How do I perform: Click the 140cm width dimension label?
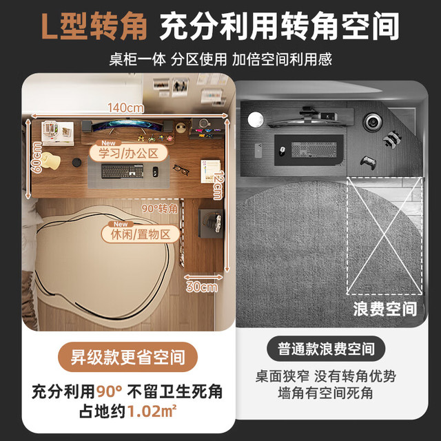point(125,107)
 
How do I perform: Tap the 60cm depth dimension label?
point(37,157)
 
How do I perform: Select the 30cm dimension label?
point(202,287)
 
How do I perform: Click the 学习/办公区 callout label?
point(129,153)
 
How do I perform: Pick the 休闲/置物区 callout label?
point(141,234)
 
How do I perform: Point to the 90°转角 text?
point(160,208)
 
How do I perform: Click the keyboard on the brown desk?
point(123,171)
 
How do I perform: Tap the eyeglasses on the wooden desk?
point(181,170)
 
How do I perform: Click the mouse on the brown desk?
point(155,172)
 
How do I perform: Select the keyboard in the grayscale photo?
point(314,150)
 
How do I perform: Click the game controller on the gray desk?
point(368,163)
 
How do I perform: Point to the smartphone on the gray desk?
point(258,150)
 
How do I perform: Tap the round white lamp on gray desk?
point(256,119)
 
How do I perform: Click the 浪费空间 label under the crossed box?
point(385,309)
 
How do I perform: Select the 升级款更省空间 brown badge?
point(127,357)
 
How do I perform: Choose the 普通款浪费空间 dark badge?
point(326,349)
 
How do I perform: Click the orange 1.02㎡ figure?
point(152,411)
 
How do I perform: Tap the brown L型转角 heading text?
point(94,26)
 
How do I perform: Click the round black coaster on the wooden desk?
point(76,163)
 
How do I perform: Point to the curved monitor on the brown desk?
point(127,125)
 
